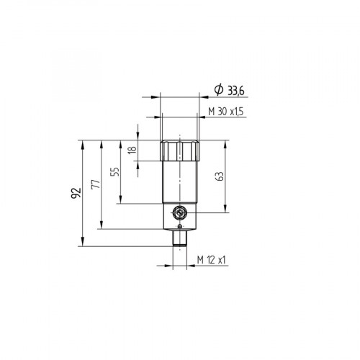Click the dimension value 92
[75, 193]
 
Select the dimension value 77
[95, 185]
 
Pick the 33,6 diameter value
[235, 90]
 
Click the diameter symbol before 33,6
[218, 90]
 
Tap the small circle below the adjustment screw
[179, 227]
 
